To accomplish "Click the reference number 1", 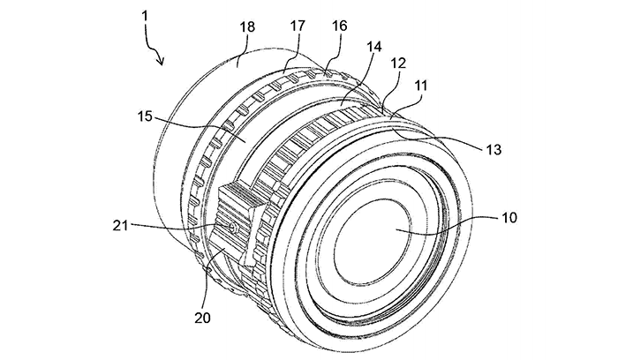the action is click(145, 16).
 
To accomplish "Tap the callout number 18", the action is click(247, 27).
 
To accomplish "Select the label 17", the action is click(298, 26).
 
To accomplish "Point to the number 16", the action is click(340, 26).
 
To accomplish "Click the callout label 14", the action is click(374, 47).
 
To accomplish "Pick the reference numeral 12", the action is click(398, 63).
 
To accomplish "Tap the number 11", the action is click(420, 86).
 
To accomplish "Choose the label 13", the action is click(494, 150).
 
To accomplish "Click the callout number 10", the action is click(509, 217).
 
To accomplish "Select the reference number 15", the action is click(145, 116).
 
